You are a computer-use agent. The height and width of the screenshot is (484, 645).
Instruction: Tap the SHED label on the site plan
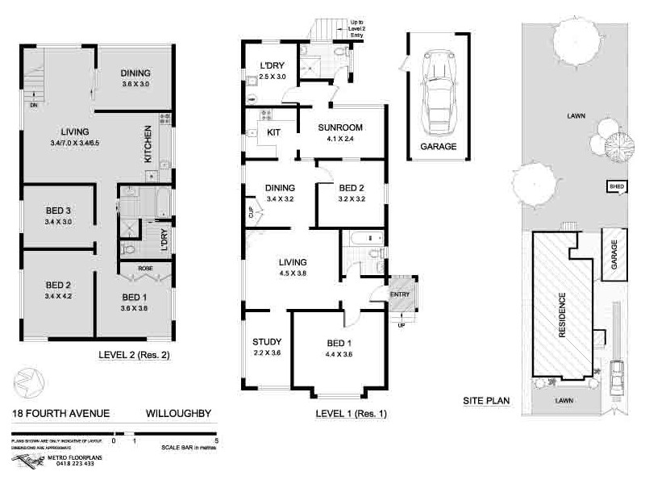tap(616, 186)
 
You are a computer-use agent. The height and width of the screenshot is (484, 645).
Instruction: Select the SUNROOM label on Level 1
tap(339, 128)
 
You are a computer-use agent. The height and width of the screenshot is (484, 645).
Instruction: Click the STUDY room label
tap(265, 341)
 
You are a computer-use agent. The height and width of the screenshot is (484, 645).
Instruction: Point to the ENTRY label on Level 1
tap(400, 294)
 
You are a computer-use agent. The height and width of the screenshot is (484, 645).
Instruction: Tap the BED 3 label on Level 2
tap(59, 211)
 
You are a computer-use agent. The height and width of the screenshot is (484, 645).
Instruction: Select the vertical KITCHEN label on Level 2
tap(148, 144)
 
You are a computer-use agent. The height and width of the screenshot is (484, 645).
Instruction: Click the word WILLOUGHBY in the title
tap(178, 414)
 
